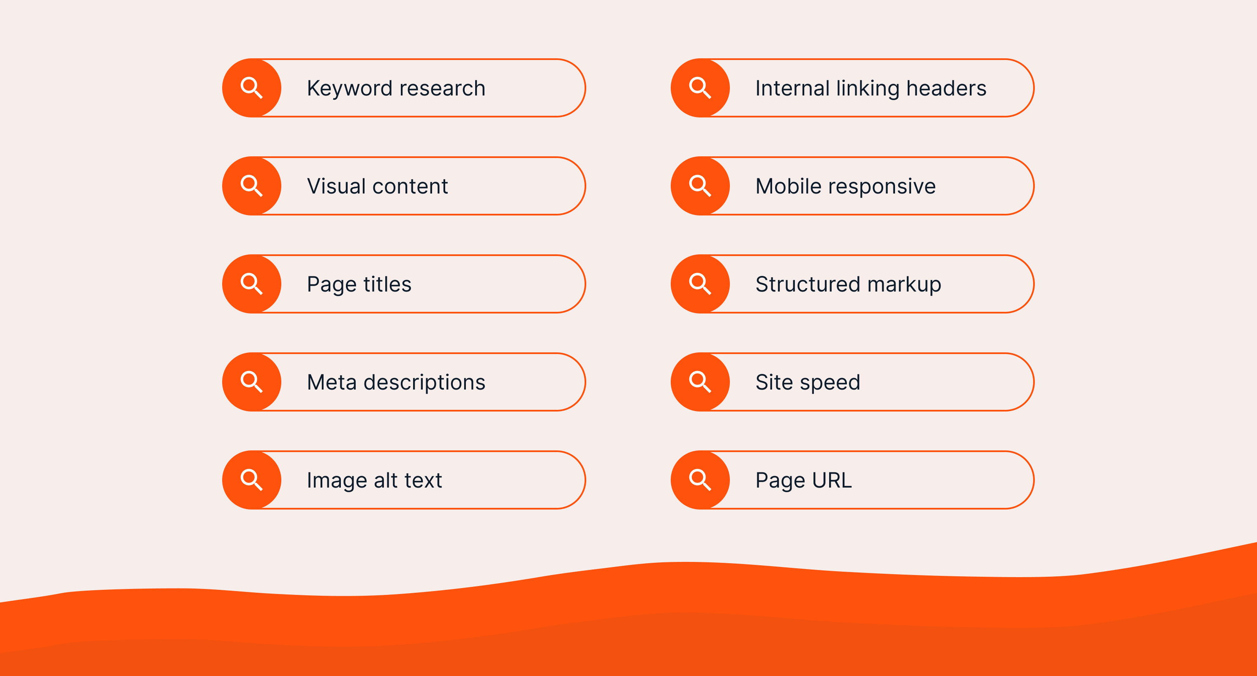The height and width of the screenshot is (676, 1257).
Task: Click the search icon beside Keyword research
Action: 252,88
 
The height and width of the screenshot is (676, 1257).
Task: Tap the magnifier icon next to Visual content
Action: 252,186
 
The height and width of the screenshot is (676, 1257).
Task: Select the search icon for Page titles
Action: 252,284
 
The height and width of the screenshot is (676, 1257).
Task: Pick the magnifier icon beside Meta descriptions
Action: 252,382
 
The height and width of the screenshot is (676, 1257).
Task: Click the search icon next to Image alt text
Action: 252,480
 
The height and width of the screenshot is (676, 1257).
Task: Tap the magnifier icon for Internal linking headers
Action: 700,88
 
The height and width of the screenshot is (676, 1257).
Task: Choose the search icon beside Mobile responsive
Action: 700,186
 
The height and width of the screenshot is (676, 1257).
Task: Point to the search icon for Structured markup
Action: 700,284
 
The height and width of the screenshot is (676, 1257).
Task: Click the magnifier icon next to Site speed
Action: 700,382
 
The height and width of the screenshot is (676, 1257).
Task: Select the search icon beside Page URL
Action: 700,480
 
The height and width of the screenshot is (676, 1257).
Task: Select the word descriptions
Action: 424,383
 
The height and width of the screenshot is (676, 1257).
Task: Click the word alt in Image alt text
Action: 386,480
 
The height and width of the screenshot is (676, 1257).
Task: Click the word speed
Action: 830,383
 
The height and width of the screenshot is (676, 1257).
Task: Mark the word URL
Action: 832,480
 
